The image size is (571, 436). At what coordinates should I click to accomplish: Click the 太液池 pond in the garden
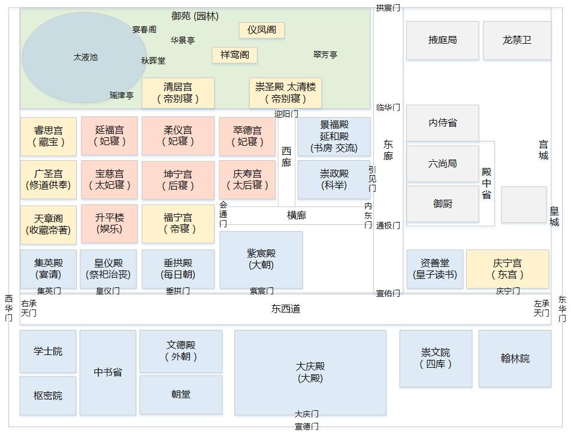(84, 58)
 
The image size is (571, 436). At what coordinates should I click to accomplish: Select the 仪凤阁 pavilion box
(262, 30)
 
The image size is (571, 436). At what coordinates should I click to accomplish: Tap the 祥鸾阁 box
(234, 55)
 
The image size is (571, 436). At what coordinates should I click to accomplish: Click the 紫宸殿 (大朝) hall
(261, 259)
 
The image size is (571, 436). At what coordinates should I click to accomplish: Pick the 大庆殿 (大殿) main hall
(310, 372)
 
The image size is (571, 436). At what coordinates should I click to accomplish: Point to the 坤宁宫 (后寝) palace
(178, 180)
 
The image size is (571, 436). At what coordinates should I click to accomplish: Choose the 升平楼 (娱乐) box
(109, 223)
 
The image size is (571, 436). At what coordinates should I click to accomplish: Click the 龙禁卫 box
(516, 40)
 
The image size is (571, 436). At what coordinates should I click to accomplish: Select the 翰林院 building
(515, 359)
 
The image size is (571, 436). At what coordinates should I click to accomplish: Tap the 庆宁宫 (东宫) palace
(507, 269)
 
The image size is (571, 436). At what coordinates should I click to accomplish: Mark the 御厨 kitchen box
(443, 204)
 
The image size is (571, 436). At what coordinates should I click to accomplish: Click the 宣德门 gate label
(306, 426)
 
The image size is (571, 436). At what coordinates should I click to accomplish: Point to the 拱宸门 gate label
(388, 8)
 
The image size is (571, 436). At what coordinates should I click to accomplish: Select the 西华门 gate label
(8, 308)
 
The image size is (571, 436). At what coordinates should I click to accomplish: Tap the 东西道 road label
(285, 309)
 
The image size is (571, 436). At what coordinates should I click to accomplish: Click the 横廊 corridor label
(296, 215)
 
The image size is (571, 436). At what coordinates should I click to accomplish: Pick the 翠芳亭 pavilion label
(325, 55)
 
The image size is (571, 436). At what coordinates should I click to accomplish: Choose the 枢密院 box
(48, 396)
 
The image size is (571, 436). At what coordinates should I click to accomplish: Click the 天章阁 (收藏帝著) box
(48, 224)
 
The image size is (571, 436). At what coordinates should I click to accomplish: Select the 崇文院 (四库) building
(436, 359)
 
